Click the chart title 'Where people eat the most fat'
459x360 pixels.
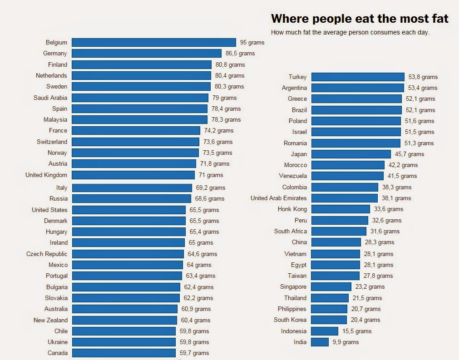(x=360, y=19)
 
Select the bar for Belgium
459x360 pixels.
(x=153, y=42)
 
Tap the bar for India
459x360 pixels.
(x=320, y=342)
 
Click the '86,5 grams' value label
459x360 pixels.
(x=240, y=53)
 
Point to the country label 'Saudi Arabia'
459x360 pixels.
(x=50, y=98)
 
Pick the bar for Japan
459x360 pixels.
(x=351, y=154)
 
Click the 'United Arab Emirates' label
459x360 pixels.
(x=279, y=198)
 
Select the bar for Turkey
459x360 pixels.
(x=358, y=77)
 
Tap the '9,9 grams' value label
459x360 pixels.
(x=345, y=342)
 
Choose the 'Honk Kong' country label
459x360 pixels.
(x=292, y=209)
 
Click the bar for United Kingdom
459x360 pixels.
(x=133, y=175)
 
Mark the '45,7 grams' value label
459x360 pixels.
(x=410, y=154)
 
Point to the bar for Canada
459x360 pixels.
(x=123, y=353)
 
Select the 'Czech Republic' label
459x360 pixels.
(x=47, y=254)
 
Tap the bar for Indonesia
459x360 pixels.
(x=325, y=331)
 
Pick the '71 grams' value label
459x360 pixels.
(x=211, y=175)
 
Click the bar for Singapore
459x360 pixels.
(x=331, y=286)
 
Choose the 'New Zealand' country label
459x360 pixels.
(x=50, y=320)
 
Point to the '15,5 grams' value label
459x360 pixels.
(x=357, y=331)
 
